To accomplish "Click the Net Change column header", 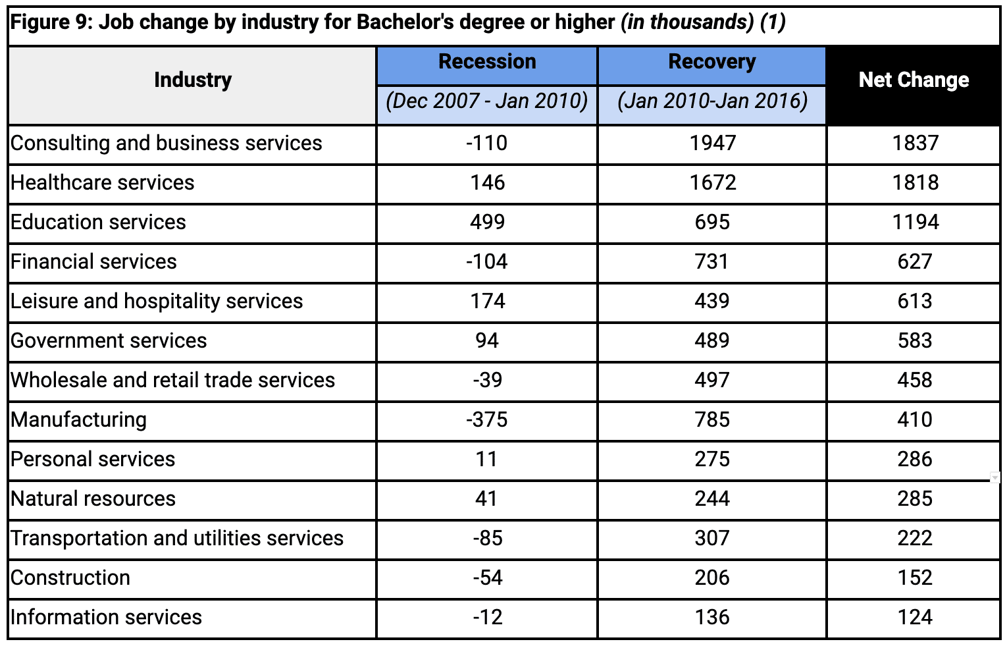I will pyautogui.click(x=914, y=80).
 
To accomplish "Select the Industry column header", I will pyautogui.click(x=193, y=80).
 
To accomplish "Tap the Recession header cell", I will pyautogui.click(x=487, y=62).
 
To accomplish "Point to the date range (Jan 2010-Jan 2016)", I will pyautogui.click(x=712, y=101).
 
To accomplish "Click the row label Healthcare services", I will pyautogui.click(x=103, y=183).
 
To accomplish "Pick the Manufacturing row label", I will pyautogui.click(x=79, y=420).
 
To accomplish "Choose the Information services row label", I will pyautogui.click(x=106, y=618).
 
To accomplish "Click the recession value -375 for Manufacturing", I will pyautogui.click(x=487, y=420).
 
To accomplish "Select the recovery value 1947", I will pyautogui.click(x=712, y=144).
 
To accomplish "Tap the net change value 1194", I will pyautogui.click(x=915, y=223).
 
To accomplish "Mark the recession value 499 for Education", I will pyautogui.click(x=487, y=223).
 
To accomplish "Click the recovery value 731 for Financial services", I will pyautogui.click(x=712, y=262).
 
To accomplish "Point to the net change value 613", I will pyautogui.click(x=915, y=302).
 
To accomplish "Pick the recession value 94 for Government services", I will pyautogui.click(x=487, y=341).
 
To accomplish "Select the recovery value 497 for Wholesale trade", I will pyautogui.click(x=712, y=381).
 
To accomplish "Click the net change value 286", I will pyautogui.click(x=915, y=460).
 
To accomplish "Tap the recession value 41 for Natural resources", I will pyautogui.click(x=487, y=499).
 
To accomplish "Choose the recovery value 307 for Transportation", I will pyautogui.click(x=712, y=539).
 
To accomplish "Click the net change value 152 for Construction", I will pyautogui.click(x=915, y=578).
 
